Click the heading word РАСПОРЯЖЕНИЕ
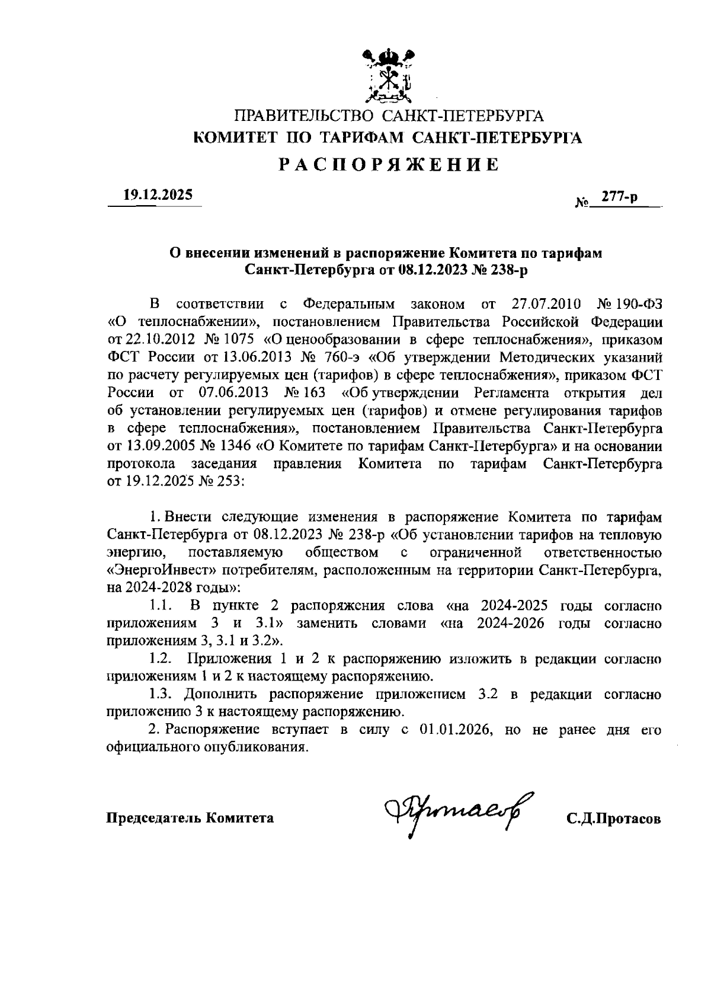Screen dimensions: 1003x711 [389, 164]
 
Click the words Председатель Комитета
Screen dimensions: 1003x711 [190, 818]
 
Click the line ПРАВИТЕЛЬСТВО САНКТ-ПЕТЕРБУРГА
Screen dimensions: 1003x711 [389, 116]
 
